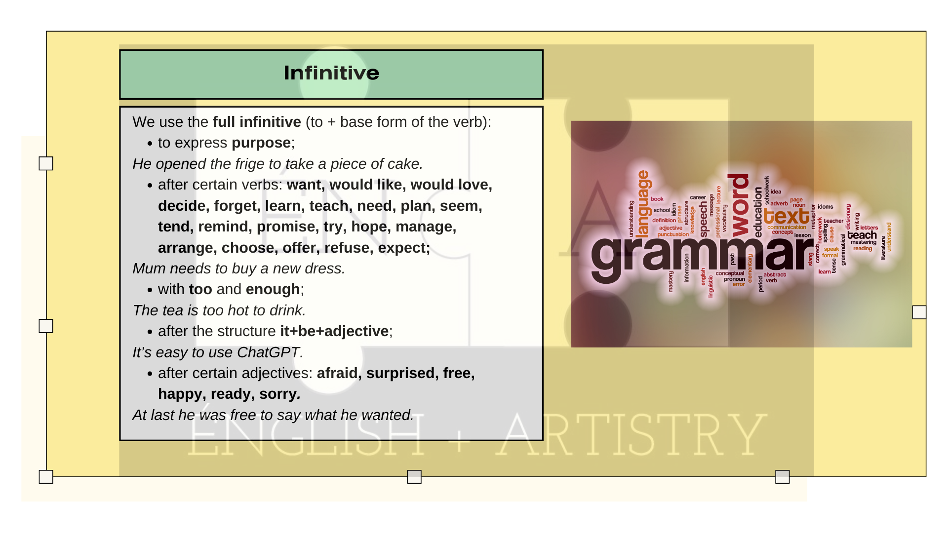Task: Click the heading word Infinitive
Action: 331,73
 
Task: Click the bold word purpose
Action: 261,143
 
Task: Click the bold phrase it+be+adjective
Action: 334,331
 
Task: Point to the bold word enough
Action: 273,289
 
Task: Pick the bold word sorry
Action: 279,394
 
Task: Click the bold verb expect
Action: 403,248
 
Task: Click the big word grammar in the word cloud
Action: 701,254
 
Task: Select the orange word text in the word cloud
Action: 786,216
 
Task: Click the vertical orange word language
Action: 643,204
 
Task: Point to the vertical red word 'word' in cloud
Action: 739,205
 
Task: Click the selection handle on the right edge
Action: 919,312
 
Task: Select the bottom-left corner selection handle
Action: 46,477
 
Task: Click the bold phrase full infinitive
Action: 257,122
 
